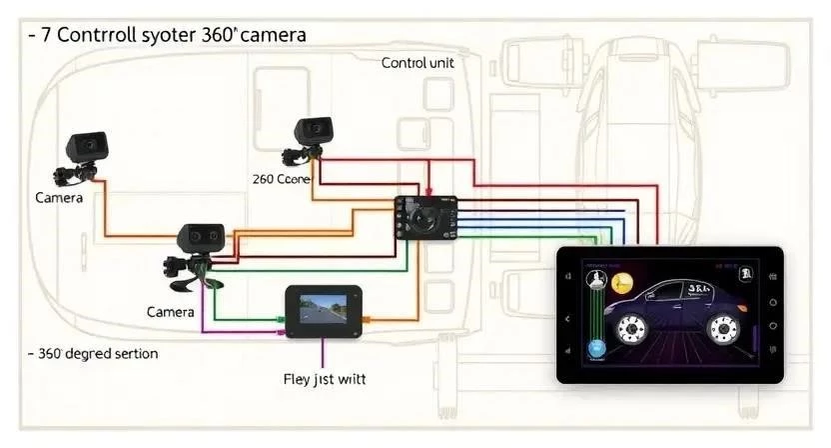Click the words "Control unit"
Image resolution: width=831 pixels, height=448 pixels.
(x=416, y=63)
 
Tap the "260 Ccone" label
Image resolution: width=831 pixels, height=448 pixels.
(x=283, y=179)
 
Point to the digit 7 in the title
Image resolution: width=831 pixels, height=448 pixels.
(x=47, y=35)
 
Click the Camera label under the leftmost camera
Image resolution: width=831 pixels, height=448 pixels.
(x=59, y=198)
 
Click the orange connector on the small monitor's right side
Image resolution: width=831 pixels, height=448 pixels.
(x=368, y=323)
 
